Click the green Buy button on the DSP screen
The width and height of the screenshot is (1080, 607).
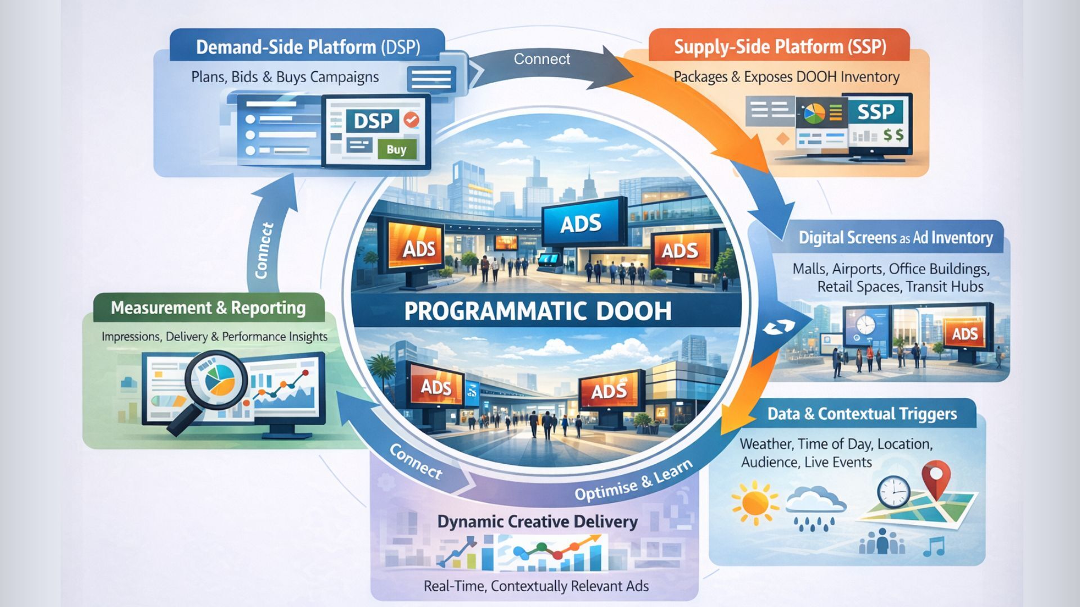coord(397,150)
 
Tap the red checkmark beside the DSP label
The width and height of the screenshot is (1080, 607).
coord(412,120)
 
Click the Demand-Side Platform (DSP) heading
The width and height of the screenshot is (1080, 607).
coord(308,47)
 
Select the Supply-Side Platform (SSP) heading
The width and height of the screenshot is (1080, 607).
coord(780,47)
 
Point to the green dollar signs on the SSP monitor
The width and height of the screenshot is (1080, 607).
coord(893,135)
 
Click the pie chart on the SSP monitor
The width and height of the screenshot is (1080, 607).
coord(814,113)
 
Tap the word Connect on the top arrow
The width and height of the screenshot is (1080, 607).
coord(542,59)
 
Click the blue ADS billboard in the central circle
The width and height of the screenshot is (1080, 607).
coord(581,224)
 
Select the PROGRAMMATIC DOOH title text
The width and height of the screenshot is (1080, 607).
coord(538,311)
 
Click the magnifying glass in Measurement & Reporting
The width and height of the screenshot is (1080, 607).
coord(214,378)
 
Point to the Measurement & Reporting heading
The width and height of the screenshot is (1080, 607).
coord(208,308)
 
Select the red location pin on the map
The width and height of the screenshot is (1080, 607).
coord(936,477)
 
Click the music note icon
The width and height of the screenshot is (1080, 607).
coord(934,546)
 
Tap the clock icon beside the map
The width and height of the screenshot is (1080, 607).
coord(893,491)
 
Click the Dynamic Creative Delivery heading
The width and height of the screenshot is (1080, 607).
coord(537,522)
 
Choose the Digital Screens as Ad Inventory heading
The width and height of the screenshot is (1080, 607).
coord(895,238)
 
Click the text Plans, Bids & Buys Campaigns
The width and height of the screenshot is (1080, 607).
coord(285,77)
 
